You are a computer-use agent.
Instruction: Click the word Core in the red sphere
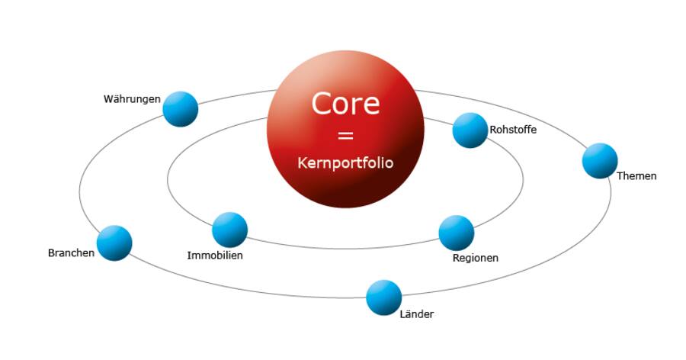coord(345,103)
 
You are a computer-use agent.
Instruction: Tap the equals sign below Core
coord(345,136)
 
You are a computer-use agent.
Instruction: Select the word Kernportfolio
coord(345,163)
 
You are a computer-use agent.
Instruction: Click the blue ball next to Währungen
coord(181,108)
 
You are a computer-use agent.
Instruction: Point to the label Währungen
coord(132,99)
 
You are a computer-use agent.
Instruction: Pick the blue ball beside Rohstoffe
coord(470,130)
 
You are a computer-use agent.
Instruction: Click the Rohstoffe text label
coord(513,130)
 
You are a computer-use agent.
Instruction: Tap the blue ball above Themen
coord(600,160)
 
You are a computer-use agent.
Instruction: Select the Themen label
coord(636,176)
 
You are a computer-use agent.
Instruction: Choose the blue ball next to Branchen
coord(114,243)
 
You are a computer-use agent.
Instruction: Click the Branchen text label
coord(71,253)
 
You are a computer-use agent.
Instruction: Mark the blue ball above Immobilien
coord(229,230)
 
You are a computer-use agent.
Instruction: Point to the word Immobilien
coord(215,256)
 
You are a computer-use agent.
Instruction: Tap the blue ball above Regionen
coord(457,233)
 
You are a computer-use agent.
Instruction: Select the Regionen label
coord(476,258)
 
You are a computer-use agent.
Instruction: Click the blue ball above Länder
coord(383,297)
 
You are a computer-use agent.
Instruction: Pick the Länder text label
coord(416,314)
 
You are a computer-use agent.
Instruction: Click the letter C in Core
coord(322,103)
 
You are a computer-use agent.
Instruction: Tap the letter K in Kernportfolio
coord(301,163)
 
